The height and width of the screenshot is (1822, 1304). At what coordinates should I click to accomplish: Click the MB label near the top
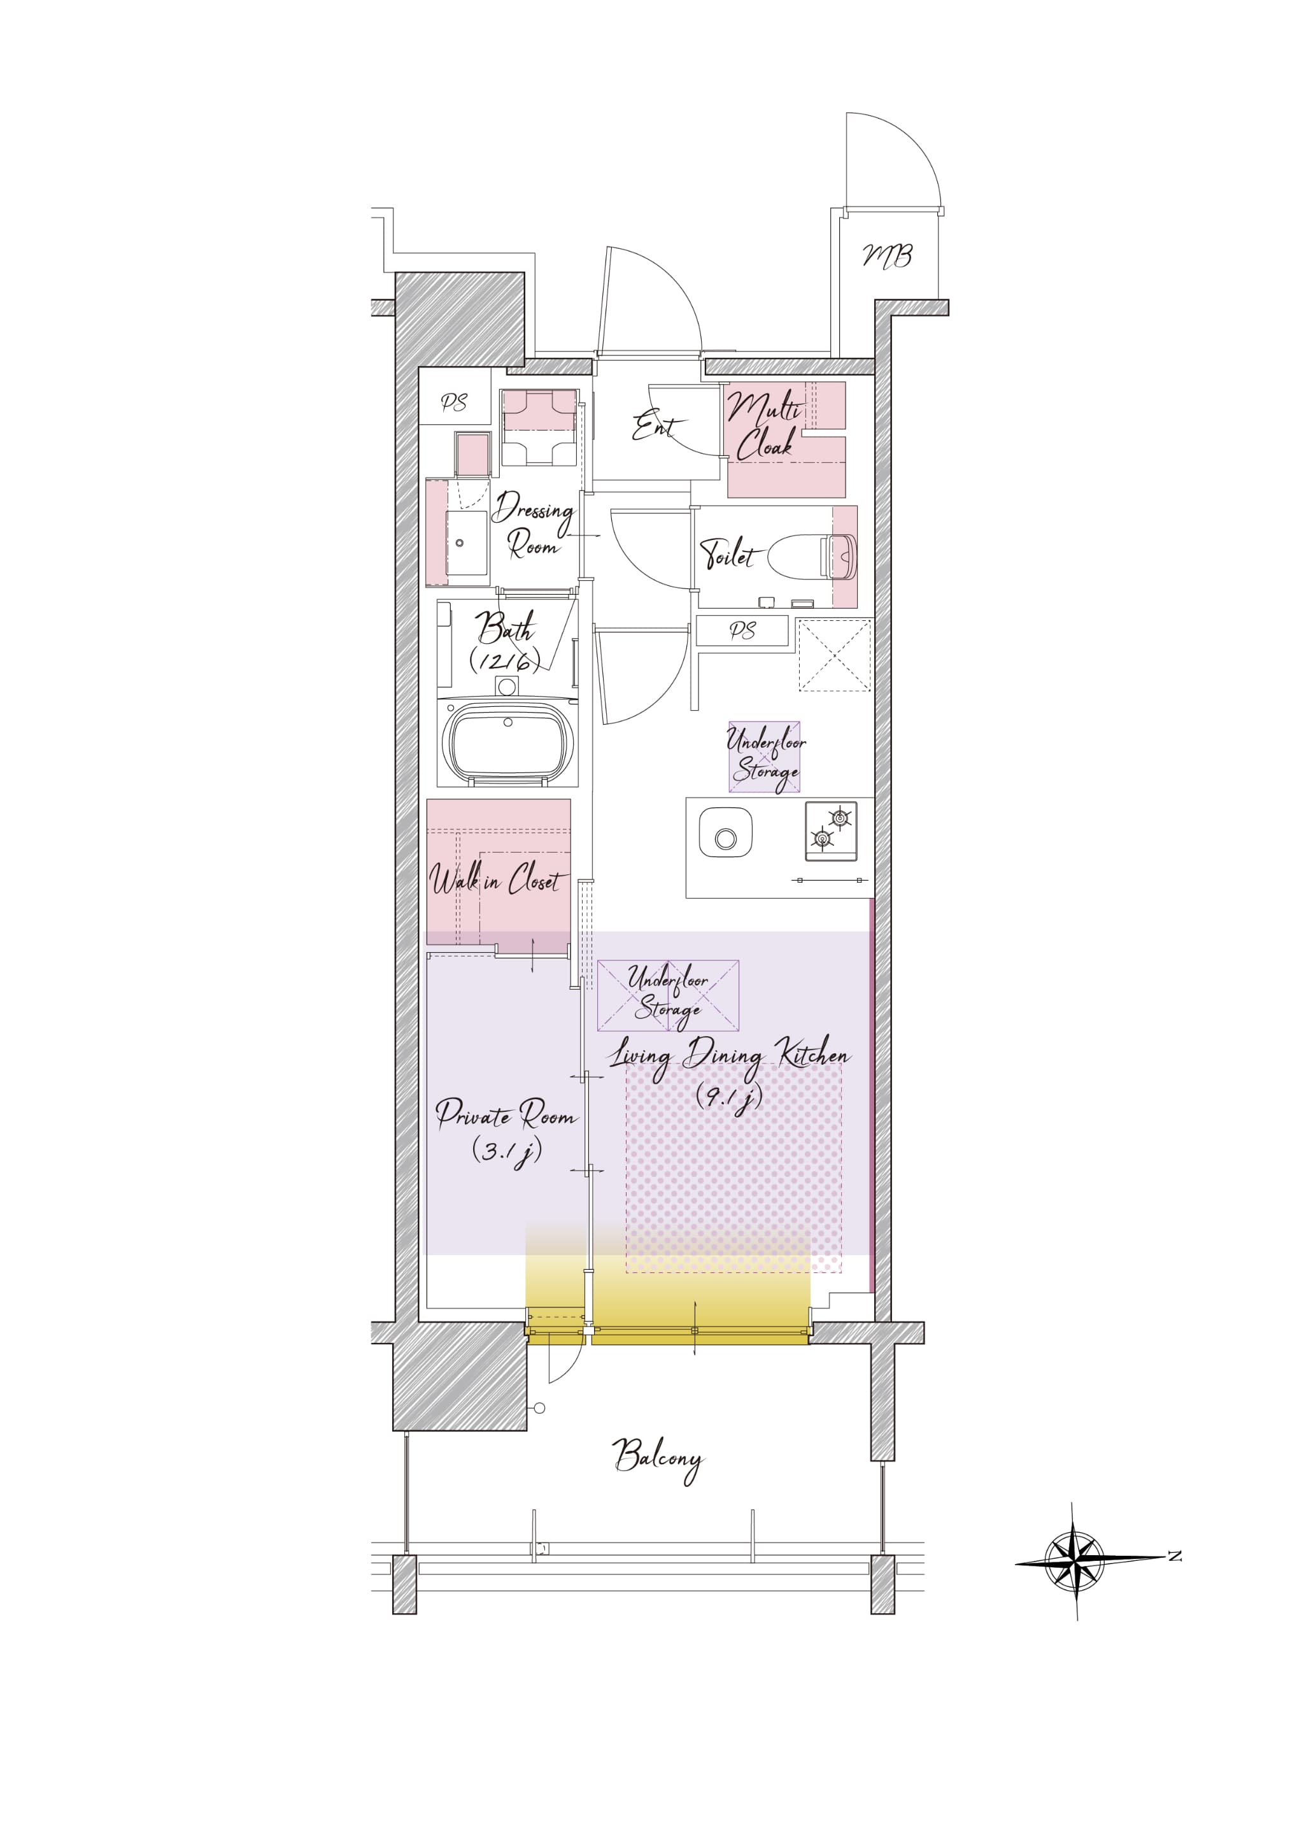[887, 255]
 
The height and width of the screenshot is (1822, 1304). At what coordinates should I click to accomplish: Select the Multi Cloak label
[765, 425]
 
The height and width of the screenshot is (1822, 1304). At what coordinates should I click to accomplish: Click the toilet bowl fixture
[812, 556]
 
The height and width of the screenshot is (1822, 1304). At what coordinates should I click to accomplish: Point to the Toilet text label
[728, 553]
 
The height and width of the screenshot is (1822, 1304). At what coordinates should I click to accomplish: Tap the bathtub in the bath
[507, 742]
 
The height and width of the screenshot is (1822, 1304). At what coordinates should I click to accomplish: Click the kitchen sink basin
[725, 833]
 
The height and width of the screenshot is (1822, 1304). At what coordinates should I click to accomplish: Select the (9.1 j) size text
[729, 1097]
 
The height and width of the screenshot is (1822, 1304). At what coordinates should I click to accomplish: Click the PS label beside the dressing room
[455, 402]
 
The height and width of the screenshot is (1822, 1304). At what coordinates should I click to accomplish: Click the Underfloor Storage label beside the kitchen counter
[765, 757]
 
